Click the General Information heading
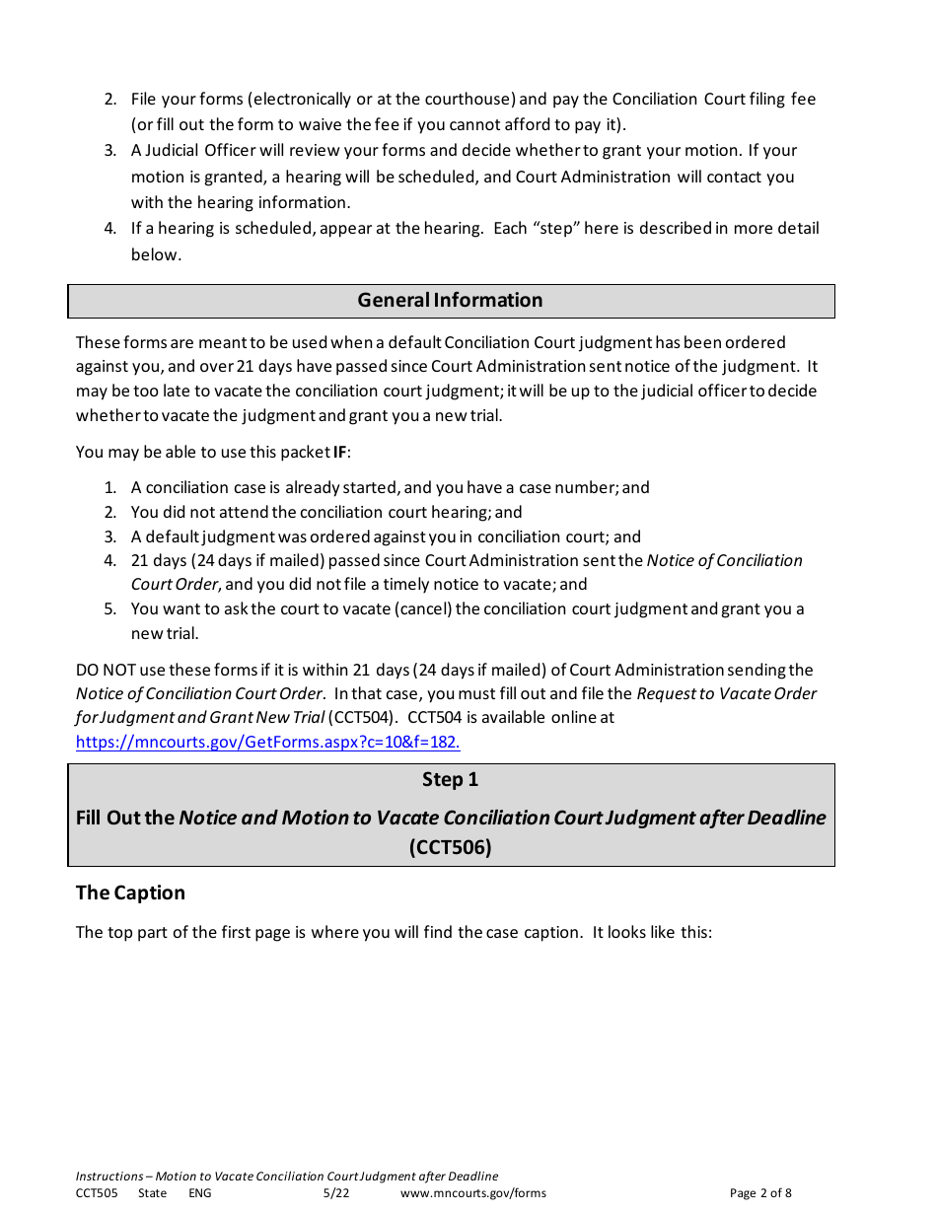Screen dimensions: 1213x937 coord(450,301)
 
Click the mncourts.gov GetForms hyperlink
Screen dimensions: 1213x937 coord(267,743)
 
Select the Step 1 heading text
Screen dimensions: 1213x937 coord(450,780)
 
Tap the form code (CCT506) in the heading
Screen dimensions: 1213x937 coord(450,847)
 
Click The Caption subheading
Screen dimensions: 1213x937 coord(130,893)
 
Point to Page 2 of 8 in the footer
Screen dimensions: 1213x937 coord(759,1193)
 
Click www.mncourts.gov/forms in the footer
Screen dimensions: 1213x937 coord(472,1193)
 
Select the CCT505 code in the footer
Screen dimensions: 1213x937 coord(97,1193)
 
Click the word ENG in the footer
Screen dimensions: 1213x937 coord(199,1193)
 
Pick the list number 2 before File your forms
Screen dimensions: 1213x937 coord(110,100)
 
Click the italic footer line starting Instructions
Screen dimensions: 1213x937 coord(286,1177)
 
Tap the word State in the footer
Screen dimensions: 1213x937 coord(152,1193)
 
